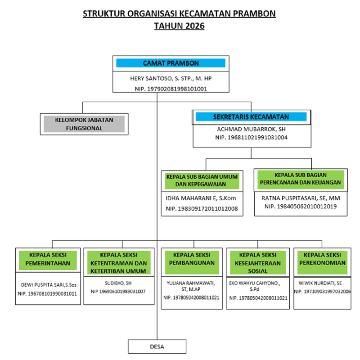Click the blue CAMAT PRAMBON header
[x=171, y=63]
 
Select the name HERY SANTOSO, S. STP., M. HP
[x=171, y=78]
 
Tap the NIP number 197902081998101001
[x=171, y=89]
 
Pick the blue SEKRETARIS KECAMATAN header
[x=251, y=117]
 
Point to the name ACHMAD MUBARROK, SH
[x=251, y=129]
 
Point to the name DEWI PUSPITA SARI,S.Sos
[x=47, y=285]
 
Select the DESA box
[x=157, y=346]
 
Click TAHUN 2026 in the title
[x=179, y=26]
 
